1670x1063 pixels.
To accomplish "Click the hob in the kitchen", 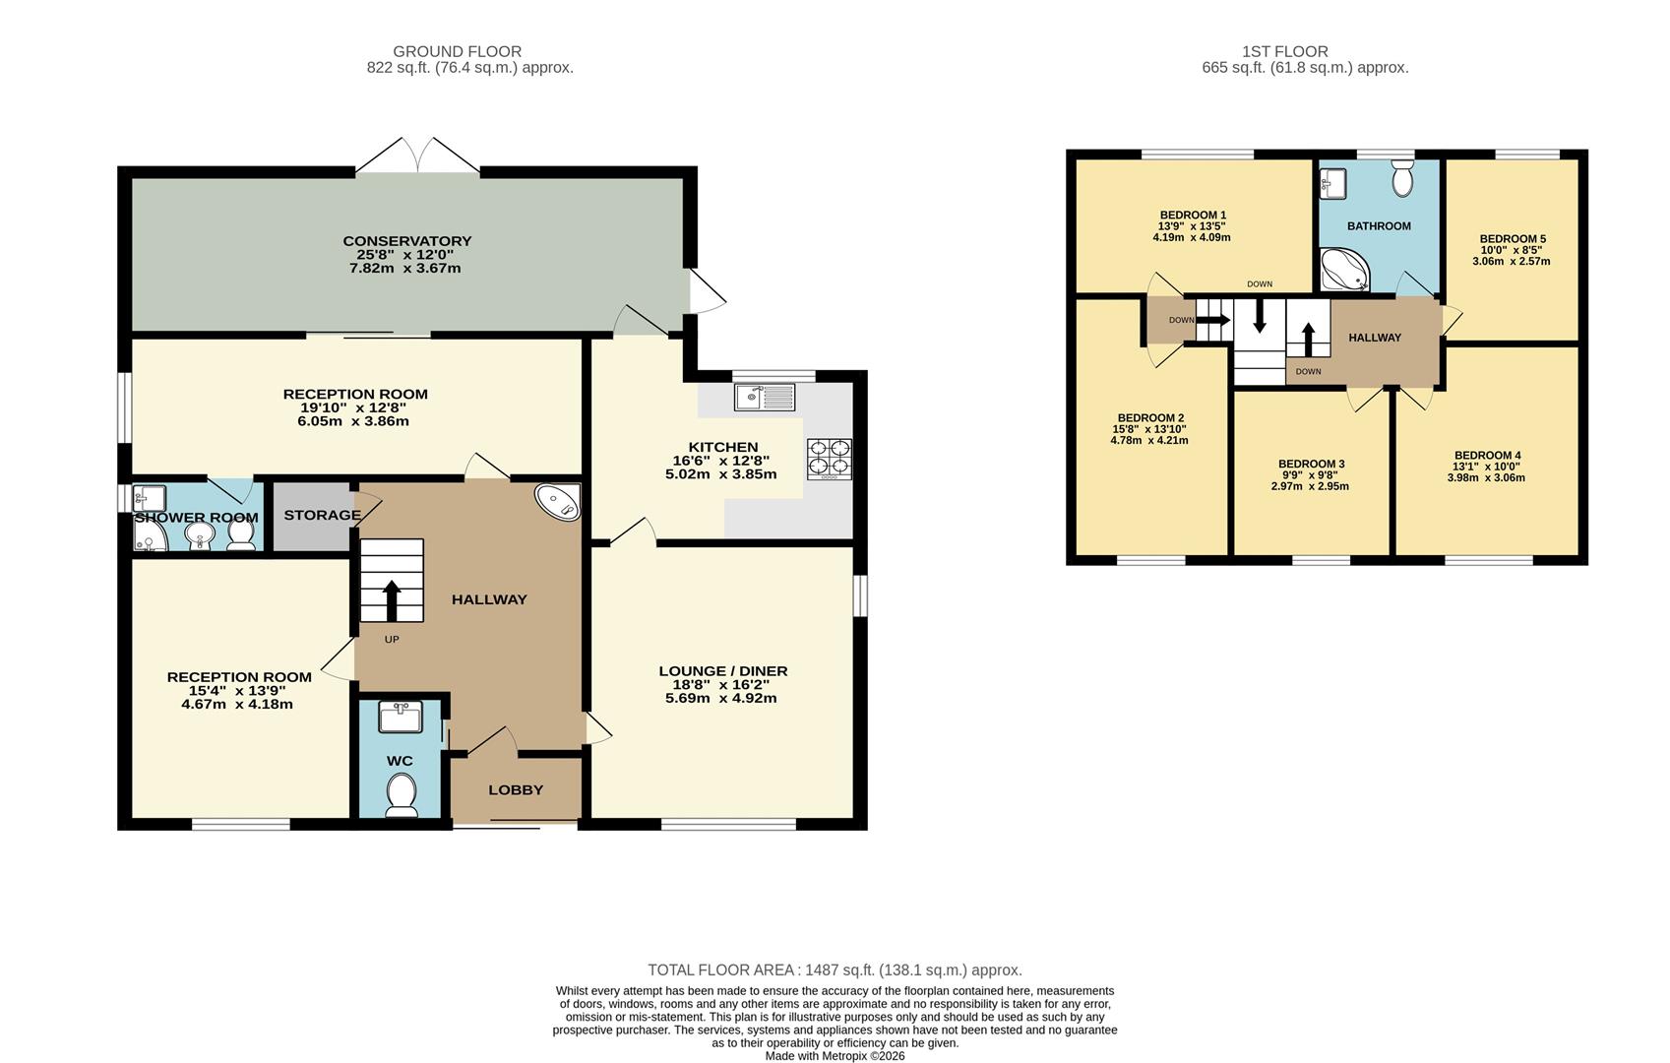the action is pos(829,459).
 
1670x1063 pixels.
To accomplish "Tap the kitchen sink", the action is pos(765,397).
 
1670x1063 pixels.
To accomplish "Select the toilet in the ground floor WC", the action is pos(402,794).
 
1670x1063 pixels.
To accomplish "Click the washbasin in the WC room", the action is pos(401,717).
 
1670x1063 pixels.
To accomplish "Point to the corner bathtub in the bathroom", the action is pos(1344,270).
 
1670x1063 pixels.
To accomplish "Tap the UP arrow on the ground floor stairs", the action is pos(392,600).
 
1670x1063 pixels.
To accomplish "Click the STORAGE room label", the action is pos(322,515).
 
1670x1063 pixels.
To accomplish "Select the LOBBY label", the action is pos(516,790).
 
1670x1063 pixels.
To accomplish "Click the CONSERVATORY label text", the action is pos(407,241).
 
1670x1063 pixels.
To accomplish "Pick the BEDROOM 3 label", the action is pos(1311,464).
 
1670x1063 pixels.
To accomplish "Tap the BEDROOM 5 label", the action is pos(1513,239).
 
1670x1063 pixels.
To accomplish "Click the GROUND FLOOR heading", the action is pos(457,51).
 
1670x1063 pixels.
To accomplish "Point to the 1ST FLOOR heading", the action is pos(1284,51).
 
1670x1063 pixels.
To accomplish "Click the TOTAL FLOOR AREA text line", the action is pos(835,969).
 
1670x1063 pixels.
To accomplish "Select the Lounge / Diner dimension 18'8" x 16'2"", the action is pos(721,684).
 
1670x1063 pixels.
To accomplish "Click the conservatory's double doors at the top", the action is pos(417,156).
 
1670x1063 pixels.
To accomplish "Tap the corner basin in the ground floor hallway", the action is pos(558,502).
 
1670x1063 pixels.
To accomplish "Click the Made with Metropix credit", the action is pos(835,1056).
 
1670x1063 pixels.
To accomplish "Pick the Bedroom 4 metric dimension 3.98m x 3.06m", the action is pos(1486,477).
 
